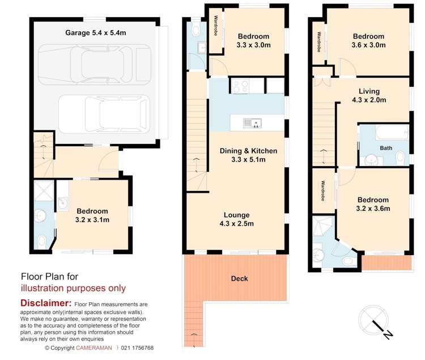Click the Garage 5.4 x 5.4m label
(95, 32)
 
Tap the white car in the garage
(105, 113)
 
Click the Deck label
(239, 278)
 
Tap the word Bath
(385, 148)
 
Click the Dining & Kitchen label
(249, 155)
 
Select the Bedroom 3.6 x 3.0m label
(369, 40)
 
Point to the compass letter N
(389, 334)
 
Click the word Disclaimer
(46, 304)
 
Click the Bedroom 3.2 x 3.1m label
(93, 215)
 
